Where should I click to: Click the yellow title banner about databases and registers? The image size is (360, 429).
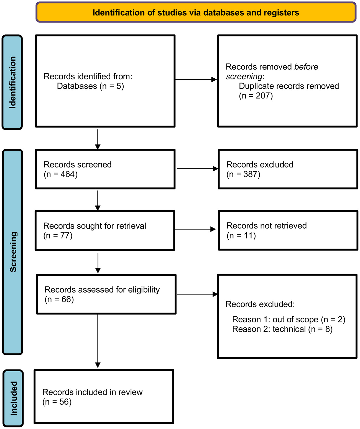click(196, 12)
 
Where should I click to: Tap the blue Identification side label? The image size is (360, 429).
click(12, 82)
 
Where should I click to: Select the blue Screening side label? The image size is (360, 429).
click(13, 252)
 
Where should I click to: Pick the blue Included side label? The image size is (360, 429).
click(13, 398)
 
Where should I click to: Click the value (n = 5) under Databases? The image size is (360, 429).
click(112, 86)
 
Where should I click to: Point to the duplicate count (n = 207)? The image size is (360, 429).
click(256, 96)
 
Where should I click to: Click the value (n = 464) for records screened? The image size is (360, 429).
click(61, 174)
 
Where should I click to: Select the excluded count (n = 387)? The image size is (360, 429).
click(243, 174)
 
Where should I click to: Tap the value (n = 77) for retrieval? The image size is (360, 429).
click(58, 236)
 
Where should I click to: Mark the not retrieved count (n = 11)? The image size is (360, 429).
click(241, 236)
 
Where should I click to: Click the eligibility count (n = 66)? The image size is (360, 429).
click(59, 299)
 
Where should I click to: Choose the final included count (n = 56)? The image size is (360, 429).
click(57, 402)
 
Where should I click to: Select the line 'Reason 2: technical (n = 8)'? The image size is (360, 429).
click(282, 329)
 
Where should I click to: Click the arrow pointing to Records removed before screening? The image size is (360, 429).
click(196, 80)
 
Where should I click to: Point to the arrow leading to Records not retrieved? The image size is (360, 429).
click(195, 229)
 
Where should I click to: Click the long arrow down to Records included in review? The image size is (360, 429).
click(98, 341)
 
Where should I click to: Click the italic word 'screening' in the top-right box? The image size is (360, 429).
click(244, 76)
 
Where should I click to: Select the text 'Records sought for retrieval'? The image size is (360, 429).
click(95, 226)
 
